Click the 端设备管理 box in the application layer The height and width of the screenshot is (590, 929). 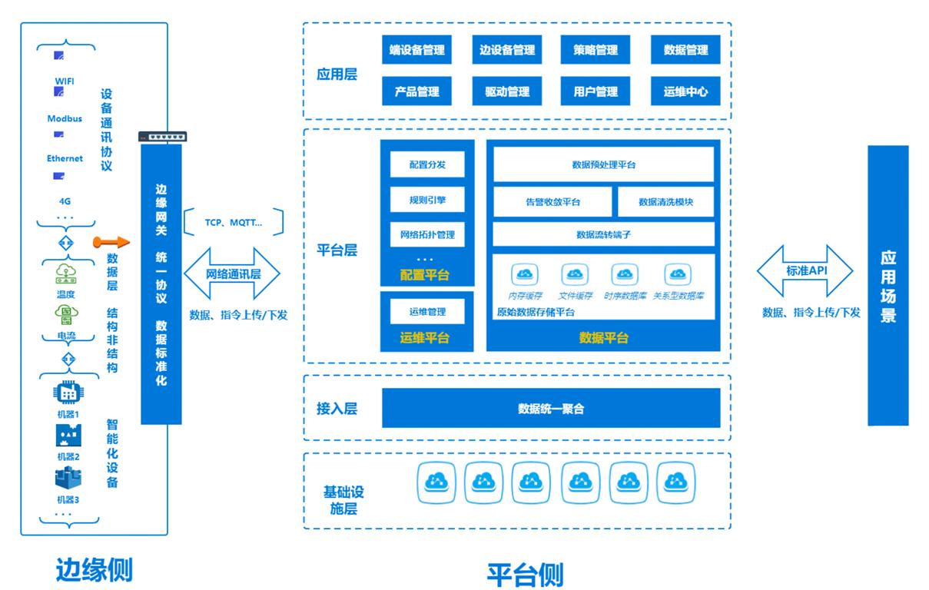coord(416,50)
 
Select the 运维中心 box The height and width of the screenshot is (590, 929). coord(685,91)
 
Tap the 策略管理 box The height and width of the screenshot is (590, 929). coord(596,50)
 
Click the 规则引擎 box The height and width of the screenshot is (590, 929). coord(427,201)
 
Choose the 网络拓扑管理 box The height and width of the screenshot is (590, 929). coord(427,234)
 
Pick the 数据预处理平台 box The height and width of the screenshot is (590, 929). coord(604,164)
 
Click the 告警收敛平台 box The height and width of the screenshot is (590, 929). coord(553,202)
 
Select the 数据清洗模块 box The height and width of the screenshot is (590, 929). coord(665,202)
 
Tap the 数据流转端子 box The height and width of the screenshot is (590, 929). coord(604,234)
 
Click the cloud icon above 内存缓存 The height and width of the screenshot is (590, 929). coord(526,274)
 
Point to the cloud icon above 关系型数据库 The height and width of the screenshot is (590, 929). coord(678,274)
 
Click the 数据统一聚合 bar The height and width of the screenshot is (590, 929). coord(551,408)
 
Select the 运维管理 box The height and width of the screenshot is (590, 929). coord(427,311)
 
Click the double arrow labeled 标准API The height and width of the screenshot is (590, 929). coord(805,271)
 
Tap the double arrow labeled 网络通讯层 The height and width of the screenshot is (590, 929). coord(232,273)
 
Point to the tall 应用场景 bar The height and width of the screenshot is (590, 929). coord(888,285)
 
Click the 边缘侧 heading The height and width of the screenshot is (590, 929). coord(94,570)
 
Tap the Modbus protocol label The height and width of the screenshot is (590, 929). coord(65,119)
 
